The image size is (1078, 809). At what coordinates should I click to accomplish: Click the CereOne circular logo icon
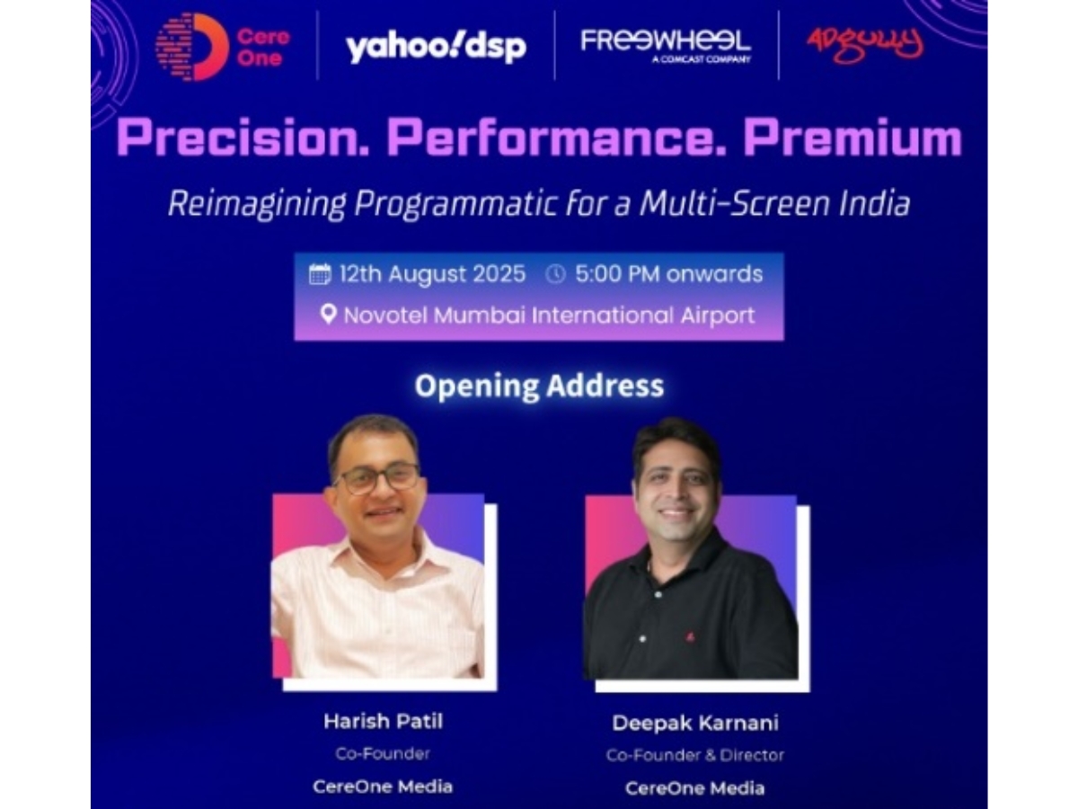(x=192, y=47)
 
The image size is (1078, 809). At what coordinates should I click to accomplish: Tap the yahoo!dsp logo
(x=436, y=47)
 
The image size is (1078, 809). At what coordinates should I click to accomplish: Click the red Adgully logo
(x=865, y=45)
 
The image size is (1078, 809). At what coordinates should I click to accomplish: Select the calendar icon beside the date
(x=320, y=274)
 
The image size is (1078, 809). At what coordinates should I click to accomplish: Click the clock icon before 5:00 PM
(x=555, y=274)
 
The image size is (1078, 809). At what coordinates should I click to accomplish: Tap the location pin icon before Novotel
(x=328, y=315)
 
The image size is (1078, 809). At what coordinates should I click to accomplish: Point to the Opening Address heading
(x=539, y=386)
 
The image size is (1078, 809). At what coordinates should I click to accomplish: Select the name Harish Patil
(x=383, y=722)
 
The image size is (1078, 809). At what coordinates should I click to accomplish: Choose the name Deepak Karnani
(x=695, y=723)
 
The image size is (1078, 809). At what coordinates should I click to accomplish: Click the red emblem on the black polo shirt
(x=691, y=637)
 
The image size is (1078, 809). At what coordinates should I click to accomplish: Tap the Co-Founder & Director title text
(x=695, y=755)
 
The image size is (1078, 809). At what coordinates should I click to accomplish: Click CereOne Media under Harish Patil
(x=383, y=787)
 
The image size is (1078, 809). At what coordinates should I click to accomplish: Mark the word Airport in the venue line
(x=718, y=316)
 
